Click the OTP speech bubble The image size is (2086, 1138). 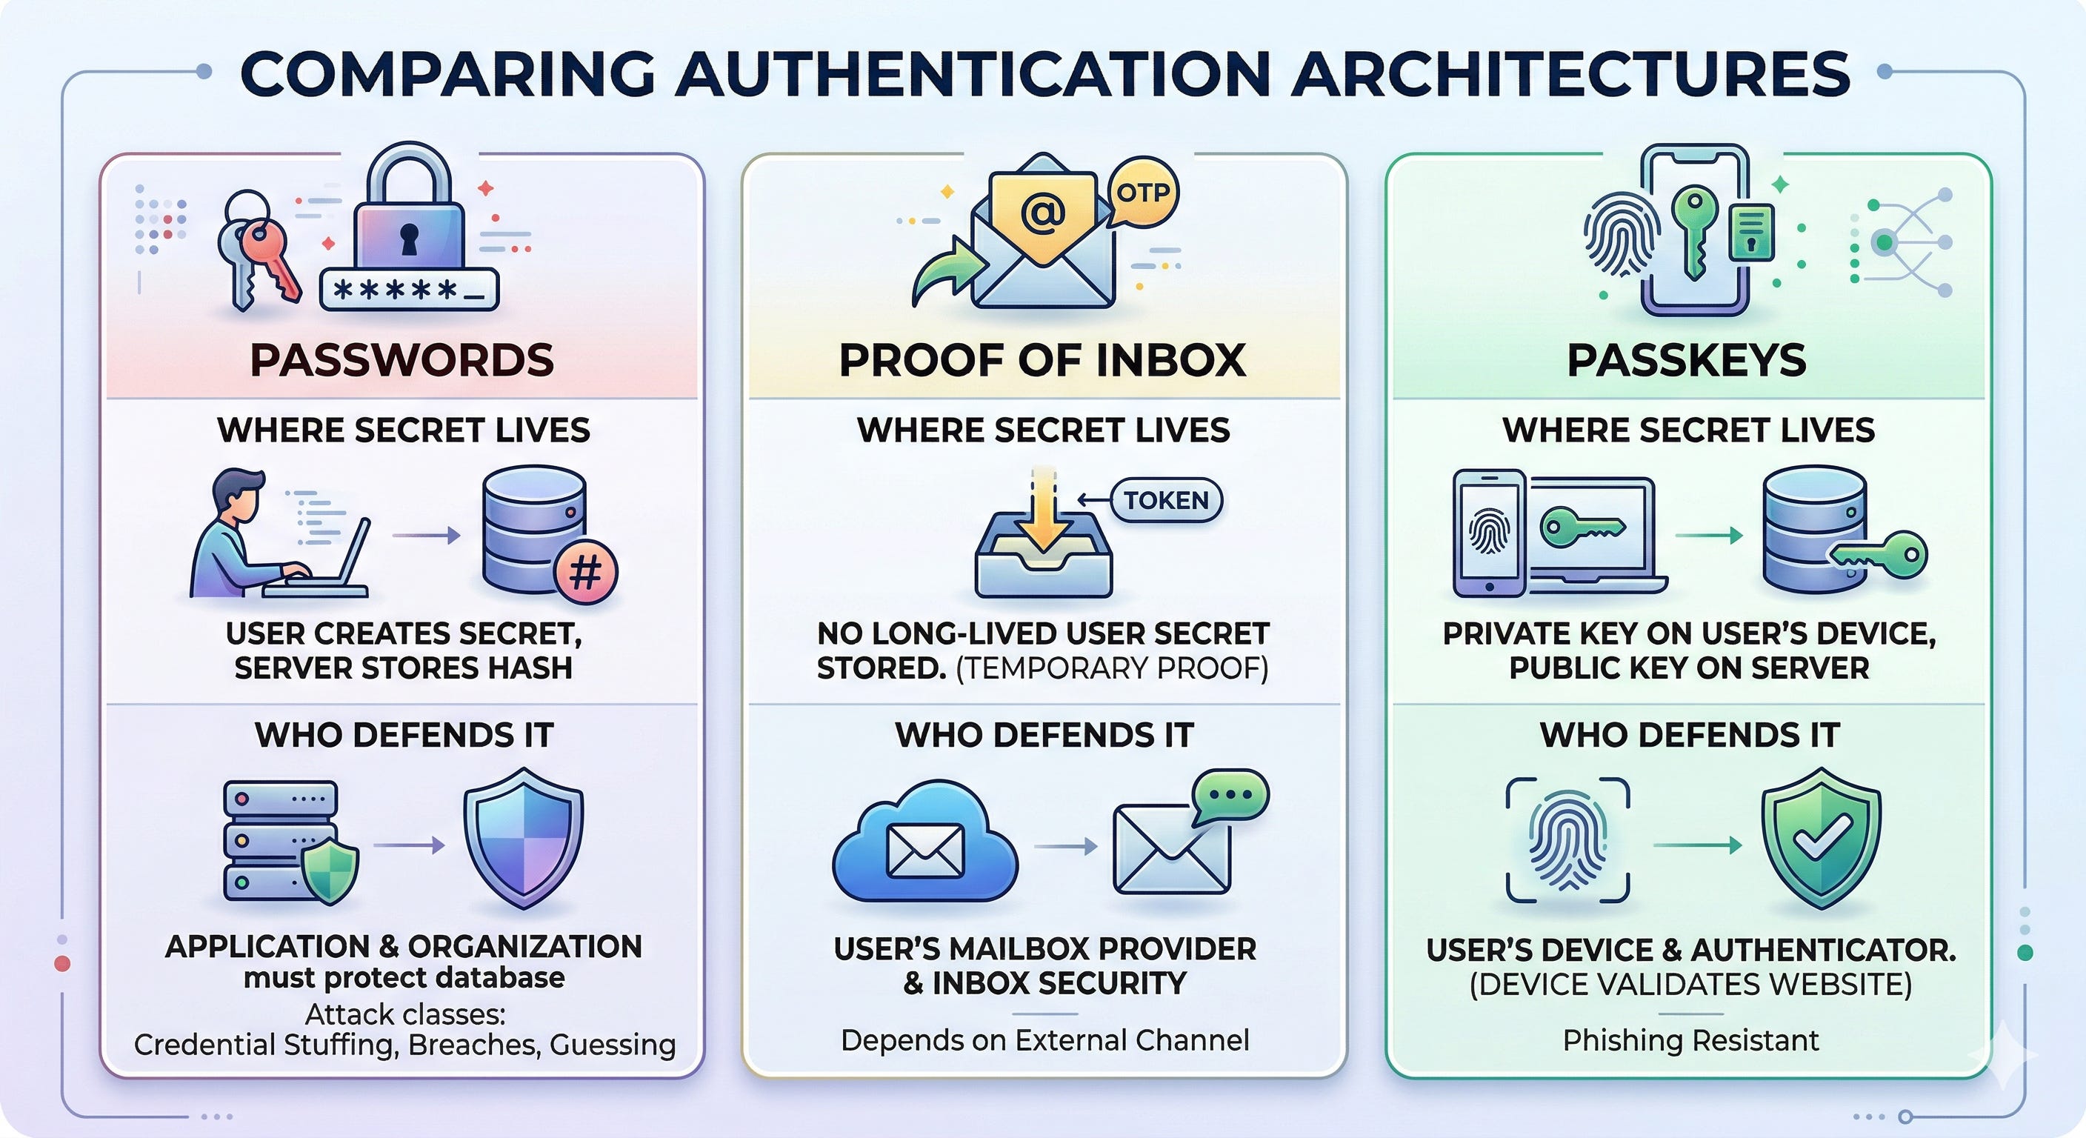(1142, 194)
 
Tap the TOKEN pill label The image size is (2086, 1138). (1165, 501)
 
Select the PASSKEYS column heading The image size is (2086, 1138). (1687, 360)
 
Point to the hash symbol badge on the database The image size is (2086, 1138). (585, 573)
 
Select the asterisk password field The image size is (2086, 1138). (409, 290)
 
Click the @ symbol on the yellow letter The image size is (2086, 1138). (1043, 214)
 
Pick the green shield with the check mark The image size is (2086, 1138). (1822, 839)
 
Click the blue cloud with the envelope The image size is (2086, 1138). (924, 845)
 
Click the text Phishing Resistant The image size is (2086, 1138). (1690, 1040)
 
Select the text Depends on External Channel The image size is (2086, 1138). (1044, 1040)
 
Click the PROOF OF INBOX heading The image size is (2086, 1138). (1042, 360)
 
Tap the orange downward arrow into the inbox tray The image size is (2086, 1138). (1043, 519)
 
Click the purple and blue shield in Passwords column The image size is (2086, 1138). (523, 839)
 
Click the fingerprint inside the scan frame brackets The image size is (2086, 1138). (1567, 840)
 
